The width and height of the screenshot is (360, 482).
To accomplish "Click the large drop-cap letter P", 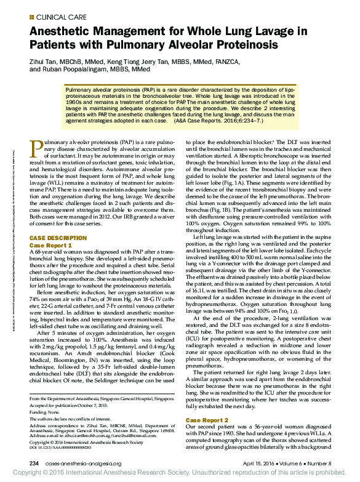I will tap(36, 149).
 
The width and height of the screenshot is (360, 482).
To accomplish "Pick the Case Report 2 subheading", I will tap(210, 420).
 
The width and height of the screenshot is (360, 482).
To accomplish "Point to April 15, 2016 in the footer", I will tap(257, 463).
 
